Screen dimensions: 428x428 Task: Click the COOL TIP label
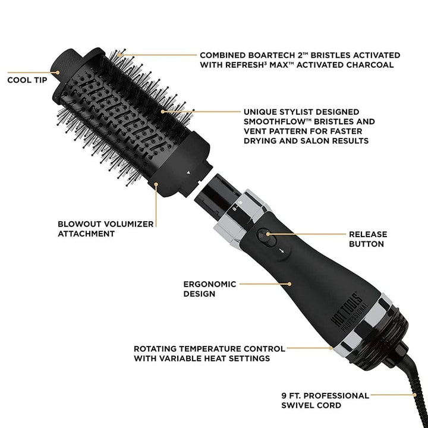point(27,78)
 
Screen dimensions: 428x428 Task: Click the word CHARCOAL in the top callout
point(369,65)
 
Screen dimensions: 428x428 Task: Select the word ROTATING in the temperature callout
point(156,348)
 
